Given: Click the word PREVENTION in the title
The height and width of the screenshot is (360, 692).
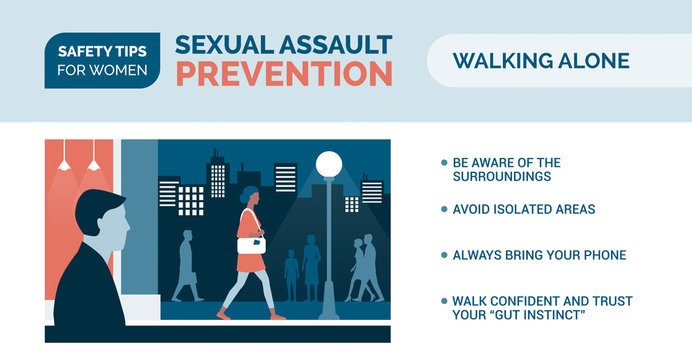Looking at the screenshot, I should (x=284, y=73).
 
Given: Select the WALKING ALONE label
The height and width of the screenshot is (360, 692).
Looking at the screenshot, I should (x=541, y=61).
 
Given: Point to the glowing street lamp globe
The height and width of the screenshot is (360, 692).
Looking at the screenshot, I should (x=329, y=163).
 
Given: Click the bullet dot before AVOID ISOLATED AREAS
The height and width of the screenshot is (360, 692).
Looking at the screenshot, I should (x=444, y=209).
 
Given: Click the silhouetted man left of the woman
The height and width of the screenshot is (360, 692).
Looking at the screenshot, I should (x=185, y=266).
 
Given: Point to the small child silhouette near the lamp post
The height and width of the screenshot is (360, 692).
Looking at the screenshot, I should (x=291, y=273).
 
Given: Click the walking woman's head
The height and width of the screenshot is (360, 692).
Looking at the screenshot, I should (x=248, y=195).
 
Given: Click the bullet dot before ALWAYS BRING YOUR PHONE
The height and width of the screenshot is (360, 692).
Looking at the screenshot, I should (x=444, y=255).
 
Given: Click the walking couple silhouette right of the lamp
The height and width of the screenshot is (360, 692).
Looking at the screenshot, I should (x=363, y=268).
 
